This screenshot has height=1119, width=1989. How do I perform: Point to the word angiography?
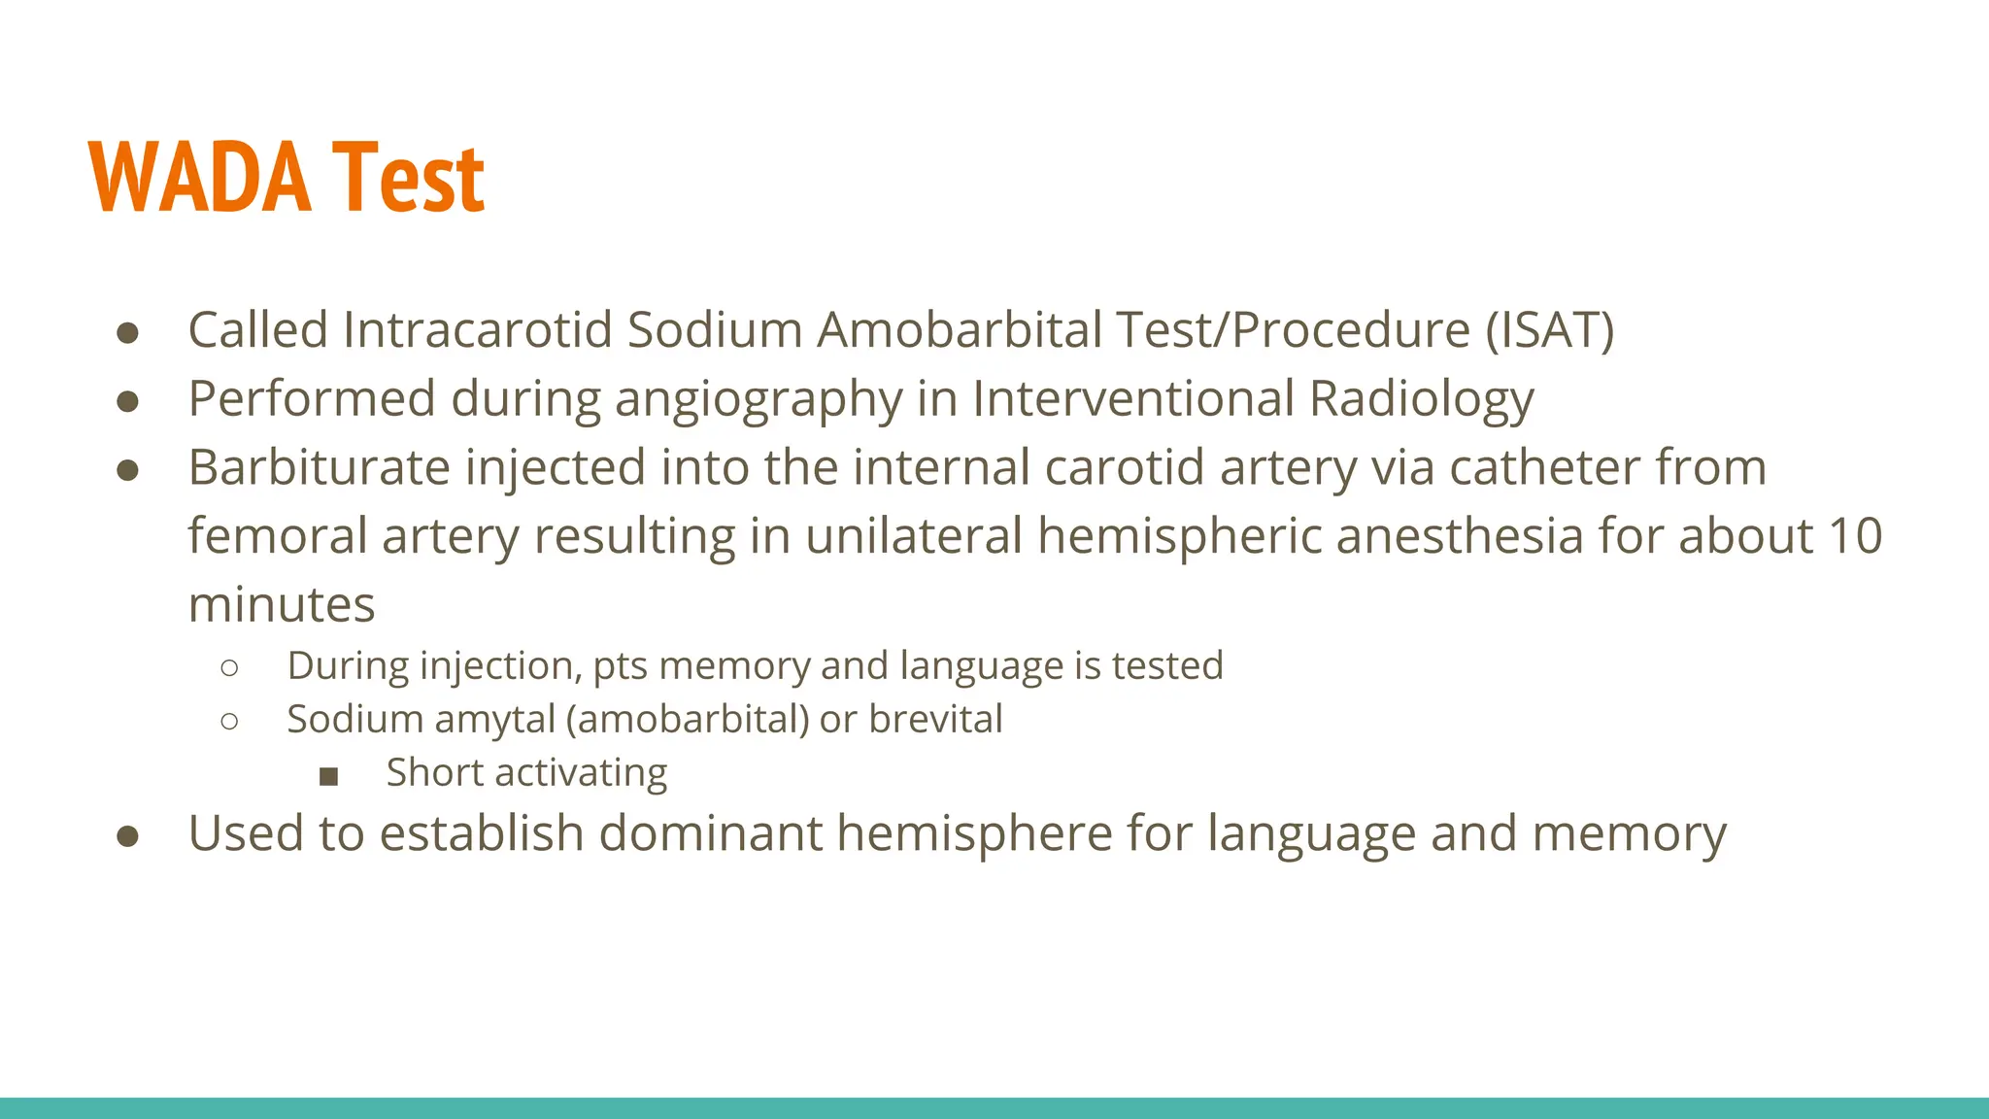click(759, 399)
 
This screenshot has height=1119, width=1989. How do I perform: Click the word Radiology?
click(1421, 399)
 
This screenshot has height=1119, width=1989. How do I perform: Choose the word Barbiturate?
click(319, 468)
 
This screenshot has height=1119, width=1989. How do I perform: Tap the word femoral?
click(277, 537)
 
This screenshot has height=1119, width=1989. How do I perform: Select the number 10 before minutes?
click(1855, 537)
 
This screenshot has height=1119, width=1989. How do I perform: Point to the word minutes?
click(282, 605)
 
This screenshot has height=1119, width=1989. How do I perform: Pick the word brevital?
click(935, 720)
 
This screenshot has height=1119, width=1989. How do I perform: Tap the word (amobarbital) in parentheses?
click(688, 720)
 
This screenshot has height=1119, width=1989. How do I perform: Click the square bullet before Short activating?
click(328, 775)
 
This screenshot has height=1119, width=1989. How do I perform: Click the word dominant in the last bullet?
click(710, 834)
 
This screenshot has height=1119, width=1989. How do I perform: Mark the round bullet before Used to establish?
click(127, 836)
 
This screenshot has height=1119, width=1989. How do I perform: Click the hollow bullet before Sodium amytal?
click(229, 721)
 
